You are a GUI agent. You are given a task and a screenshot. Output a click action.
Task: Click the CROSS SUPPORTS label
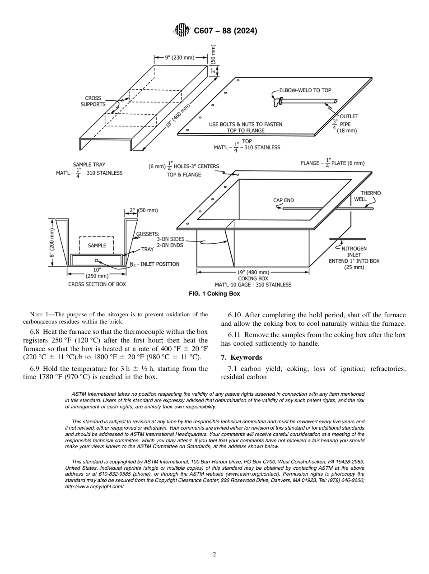(93, 101)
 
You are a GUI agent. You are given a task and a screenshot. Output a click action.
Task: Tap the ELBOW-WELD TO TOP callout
(305, 90)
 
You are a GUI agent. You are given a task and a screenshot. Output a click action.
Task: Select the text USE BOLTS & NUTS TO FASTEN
(246, 124)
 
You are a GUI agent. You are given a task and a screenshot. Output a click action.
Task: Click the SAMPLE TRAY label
(89, 165)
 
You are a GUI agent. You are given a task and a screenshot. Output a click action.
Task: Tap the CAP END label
(284, 200)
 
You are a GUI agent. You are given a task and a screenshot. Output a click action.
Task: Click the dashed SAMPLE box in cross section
(97, 245)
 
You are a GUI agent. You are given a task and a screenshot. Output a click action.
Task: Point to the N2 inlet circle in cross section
(97, 260)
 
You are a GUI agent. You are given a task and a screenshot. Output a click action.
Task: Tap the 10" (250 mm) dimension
(97, 273)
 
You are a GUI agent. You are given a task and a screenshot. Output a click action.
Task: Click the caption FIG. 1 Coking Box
(214, 294)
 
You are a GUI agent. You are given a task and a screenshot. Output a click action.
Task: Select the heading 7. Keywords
(241, 357)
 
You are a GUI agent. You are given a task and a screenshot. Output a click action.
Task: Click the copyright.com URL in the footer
(94, 486)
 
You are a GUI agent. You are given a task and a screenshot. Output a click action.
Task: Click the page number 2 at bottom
(214, 555)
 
